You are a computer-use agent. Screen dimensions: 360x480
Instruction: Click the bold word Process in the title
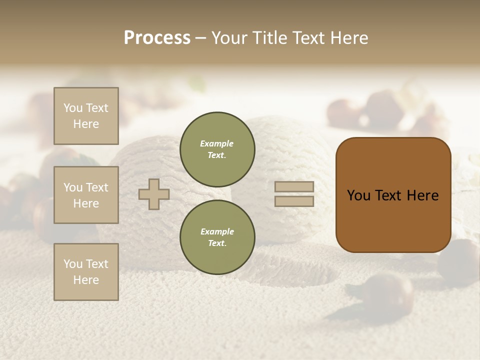(157, 38)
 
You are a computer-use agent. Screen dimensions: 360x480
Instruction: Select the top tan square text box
(86, 116)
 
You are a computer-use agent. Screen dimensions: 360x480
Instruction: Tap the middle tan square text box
(86, 195)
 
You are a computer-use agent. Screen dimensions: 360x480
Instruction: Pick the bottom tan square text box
(86, 272)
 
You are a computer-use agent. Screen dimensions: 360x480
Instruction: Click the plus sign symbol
(154, 194)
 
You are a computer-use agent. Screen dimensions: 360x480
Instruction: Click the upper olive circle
(217, 149)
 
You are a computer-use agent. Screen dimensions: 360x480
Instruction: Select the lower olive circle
(217, 237)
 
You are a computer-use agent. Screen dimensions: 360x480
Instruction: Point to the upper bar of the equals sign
(294, 187)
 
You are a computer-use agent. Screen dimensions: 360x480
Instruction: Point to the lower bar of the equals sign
(294, 201)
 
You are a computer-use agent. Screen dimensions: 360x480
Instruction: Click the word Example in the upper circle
(217, 143)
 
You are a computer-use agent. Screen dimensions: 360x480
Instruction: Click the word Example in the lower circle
(217, 231)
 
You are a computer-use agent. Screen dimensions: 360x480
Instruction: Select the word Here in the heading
(348, 38)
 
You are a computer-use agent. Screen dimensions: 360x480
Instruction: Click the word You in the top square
(73, 108)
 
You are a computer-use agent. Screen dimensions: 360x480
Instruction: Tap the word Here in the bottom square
(86, 280)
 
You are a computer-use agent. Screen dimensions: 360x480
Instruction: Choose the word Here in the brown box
(422, 195)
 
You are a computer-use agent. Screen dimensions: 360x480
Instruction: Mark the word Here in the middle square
(86, 203)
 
